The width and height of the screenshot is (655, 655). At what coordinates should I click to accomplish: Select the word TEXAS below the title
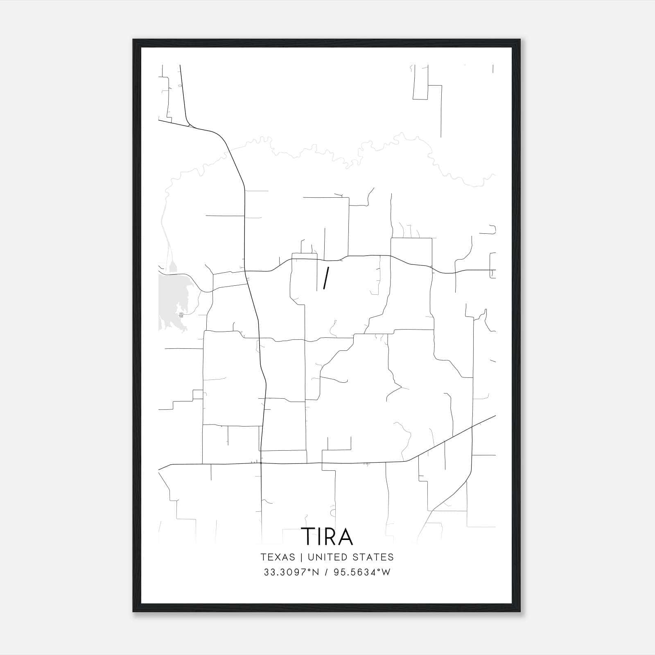click(x=278, y=557)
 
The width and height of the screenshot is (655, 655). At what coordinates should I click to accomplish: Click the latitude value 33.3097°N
click(x=290, y=572)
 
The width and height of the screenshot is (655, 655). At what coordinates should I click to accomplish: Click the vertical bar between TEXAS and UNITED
click(x=301, y=557)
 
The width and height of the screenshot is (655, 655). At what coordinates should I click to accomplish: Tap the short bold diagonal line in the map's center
click(x=326, y=278)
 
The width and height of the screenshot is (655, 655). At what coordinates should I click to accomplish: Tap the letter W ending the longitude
click(x=386, y=572)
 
